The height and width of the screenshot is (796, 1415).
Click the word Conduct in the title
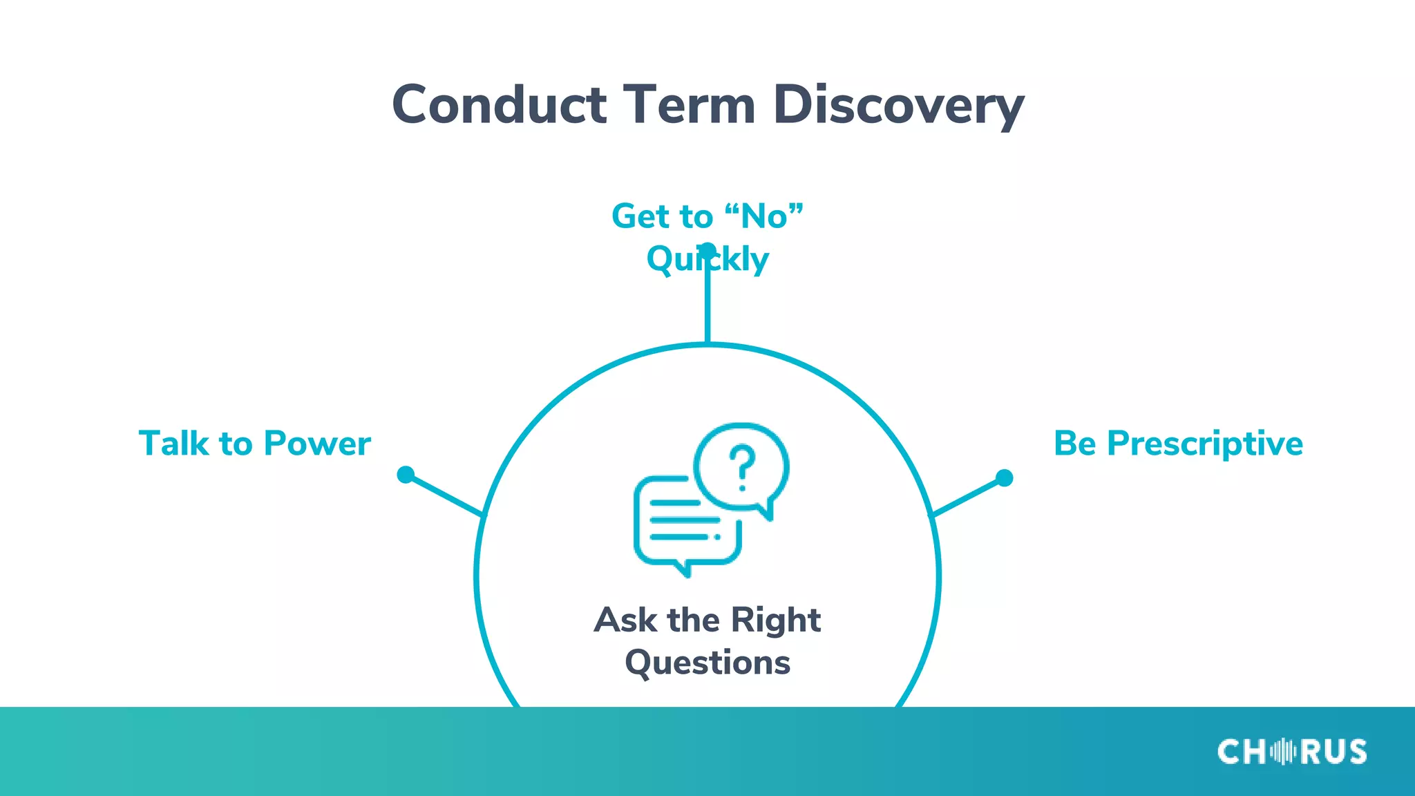coord(499,105)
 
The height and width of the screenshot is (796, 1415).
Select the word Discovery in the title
coord(898,105)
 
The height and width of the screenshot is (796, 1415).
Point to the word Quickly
coord(707,260)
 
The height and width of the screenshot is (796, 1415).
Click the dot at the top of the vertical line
coord(707,249)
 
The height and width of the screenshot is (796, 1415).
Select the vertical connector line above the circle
coord(707,304)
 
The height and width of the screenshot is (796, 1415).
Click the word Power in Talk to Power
coord(317,444)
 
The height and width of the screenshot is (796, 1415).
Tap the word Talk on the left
coord(173,444)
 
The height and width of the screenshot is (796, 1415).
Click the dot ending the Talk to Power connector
coord(406,475)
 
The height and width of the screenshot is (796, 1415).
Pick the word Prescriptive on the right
coord(1205,444)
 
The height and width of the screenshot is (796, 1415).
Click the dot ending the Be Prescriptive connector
coord(1004,477)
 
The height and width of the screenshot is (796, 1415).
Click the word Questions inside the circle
coord(707,663)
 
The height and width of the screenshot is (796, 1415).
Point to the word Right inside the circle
coord(775,620)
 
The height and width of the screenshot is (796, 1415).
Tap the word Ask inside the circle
coord(625,620)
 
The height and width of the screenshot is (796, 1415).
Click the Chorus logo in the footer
coord(1291,752)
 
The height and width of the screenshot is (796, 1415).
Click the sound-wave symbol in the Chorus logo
coord(1282,752)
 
